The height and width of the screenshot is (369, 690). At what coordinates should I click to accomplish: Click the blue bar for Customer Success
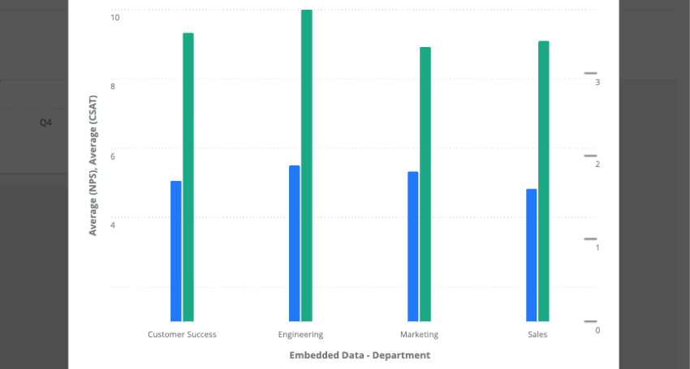tap(176, 251)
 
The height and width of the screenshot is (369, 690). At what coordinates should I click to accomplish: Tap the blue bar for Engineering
tap(295, 243)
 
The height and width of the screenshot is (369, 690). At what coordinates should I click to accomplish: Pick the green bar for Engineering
tap(307, 165)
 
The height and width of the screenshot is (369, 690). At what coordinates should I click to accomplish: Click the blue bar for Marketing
tap(413, 247)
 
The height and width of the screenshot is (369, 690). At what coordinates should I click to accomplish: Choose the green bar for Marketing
tap(425, 184)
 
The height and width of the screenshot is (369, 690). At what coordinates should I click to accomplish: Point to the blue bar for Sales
tap(532, 255)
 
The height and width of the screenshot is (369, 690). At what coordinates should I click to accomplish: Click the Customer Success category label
tap(182, 335)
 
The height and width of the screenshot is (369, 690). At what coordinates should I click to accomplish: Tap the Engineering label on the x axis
tap(300, 335)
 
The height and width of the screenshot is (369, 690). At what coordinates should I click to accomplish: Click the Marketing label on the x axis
tap(419, 335)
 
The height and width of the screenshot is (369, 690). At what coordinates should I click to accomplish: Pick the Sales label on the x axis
tap(537, 335)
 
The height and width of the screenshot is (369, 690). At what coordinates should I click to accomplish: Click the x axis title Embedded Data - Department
tap(360, 355)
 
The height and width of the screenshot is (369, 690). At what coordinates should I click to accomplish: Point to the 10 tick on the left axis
tap(114, 17)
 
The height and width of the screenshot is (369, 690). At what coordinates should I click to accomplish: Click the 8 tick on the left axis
tap(113, 86)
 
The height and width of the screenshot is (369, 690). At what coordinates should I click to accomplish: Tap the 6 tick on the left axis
tap(113, 156)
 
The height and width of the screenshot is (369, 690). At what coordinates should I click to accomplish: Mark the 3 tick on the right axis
tap(597, 82)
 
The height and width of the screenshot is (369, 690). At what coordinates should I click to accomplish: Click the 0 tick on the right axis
tap(597, 330)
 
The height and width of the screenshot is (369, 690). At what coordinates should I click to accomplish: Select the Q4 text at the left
tap(46, 123)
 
